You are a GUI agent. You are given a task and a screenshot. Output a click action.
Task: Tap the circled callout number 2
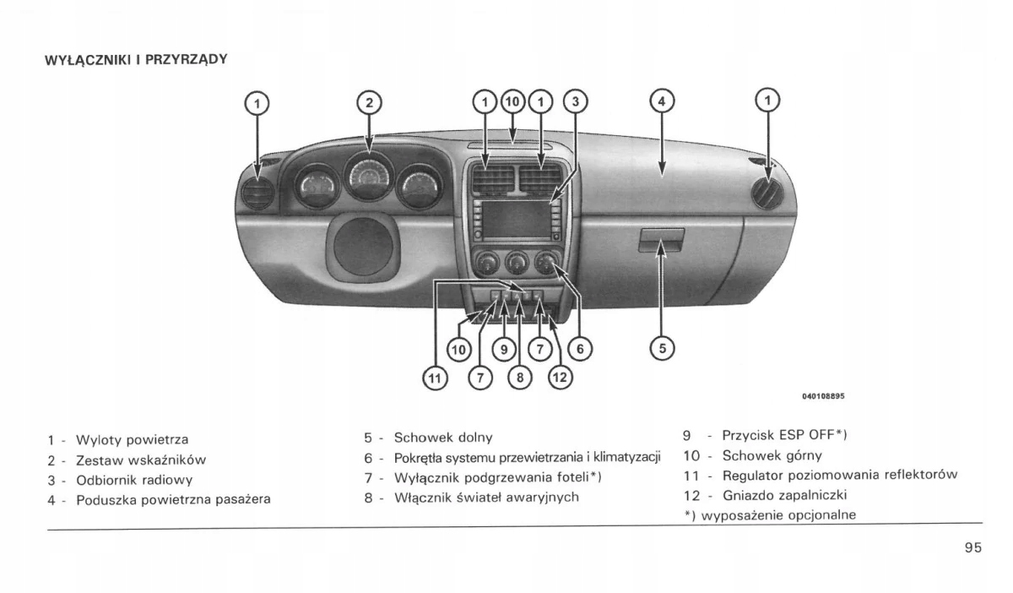click(x=368, y=103)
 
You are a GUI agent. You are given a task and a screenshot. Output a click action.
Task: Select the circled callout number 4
click(x=662, y=102)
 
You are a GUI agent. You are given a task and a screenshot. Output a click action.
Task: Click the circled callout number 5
click(x=662, y=346)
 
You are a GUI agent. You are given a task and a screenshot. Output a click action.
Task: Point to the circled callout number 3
click(x=574, y=102)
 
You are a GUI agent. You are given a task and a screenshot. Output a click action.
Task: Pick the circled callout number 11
click(x=434, y=379)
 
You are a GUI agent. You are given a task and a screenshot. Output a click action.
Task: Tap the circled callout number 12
click(x=560, y=378)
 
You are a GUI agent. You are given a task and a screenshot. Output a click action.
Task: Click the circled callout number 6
click(x=579, y=346)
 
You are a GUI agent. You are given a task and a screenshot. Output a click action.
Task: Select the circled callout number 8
click(x=519, y=378)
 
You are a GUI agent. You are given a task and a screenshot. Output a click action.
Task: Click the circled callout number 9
click(x=503, y=347)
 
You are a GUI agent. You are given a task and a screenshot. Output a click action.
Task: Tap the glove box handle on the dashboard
click(x=660, y=242)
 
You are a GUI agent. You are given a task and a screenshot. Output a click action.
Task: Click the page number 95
click(x=972, y=547)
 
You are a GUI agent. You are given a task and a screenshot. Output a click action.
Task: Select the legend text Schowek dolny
click(x=443, y=438)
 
